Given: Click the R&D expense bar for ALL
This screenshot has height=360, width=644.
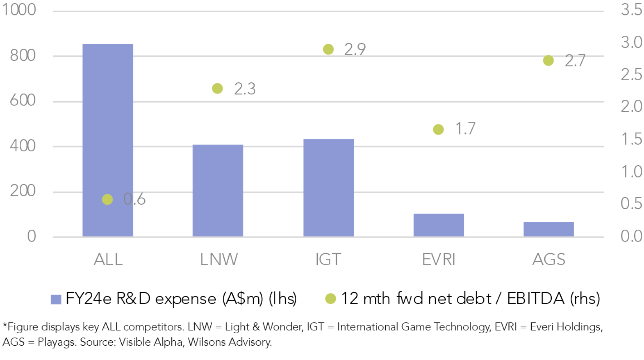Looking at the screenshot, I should tap(107, 140).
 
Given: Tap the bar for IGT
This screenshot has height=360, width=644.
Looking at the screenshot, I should tap(328, 188).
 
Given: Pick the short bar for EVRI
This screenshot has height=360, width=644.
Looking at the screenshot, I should tap(439, 225).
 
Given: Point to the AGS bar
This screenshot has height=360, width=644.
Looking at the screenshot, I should tap(548, 229).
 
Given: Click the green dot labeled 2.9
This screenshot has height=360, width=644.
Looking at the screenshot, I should tap(328, 49).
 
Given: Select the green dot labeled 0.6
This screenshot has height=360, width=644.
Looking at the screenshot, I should tap(107, 199).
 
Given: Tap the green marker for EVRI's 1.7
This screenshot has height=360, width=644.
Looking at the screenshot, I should tap(438, 130).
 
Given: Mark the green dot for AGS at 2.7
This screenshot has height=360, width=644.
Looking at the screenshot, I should tap(548, 60).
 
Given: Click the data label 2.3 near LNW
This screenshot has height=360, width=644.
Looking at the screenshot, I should tap(245, 89).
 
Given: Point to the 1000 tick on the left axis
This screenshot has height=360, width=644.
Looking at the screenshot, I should tap(19, 10).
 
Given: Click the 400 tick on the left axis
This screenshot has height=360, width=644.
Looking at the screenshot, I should tap(23, 146).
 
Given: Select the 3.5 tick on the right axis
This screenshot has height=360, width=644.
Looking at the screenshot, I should tap(631, 10).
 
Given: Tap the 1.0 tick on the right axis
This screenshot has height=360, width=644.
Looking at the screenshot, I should tap(631, 172).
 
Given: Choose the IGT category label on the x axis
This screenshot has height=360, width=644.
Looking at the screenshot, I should tap(328, 259).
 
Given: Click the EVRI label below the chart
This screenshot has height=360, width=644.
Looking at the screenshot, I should tap(439, 259).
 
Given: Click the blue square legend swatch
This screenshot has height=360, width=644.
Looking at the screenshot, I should tap(56, 299).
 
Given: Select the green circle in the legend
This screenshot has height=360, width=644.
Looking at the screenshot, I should tap(331, 298).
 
